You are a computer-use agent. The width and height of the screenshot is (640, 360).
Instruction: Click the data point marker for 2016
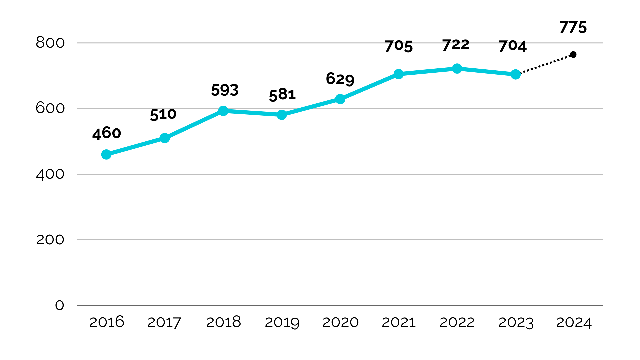click(106, 155)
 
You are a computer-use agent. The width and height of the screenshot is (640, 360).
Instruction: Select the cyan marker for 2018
click(223, 111)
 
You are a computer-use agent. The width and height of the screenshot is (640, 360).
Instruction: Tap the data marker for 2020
click(340, 99)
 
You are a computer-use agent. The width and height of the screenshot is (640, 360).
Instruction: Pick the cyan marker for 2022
click(457, 69)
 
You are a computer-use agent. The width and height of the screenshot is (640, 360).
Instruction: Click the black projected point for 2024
click(573, 55)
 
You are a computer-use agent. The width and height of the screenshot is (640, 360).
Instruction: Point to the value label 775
click(573, 27)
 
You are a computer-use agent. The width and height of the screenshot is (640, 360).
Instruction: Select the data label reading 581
click(282, 95)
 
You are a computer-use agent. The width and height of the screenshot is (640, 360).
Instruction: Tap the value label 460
click(106, 133)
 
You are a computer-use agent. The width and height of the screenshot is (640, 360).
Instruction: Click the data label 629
click(340, 79)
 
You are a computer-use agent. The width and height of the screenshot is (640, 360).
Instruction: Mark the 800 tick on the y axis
click(50, 43)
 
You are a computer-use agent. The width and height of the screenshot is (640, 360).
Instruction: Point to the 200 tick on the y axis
click(50, 240)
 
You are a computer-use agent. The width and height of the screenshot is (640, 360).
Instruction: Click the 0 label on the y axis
click(59, 305)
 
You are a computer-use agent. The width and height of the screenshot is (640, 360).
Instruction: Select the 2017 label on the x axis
click(164, 322)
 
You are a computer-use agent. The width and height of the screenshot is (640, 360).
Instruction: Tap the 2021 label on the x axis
click(398, 322)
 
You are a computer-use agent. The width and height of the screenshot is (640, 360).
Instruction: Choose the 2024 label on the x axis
click(574, 322)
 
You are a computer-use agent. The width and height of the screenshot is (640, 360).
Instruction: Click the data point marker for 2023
click(515, 74)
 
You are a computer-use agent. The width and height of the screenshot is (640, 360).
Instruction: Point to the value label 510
click(163, 114)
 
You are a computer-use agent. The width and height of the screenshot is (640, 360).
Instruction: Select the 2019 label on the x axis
click(282, 322)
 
